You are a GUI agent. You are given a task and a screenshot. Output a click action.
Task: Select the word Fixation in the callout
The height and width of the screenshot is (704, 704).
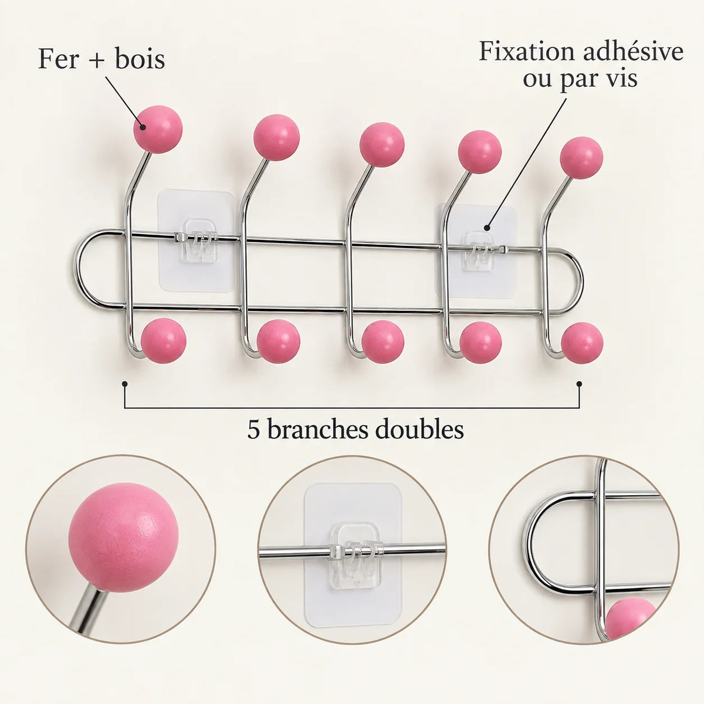(x=527, y=52)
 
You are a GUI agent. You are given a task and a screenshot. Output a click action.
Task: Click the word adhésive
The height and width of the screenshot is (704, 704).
(x=632, y=52)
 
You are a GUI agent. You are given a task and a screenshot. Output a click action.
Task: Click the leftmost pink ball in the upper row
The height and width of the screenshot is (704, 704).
(x=157, y=129)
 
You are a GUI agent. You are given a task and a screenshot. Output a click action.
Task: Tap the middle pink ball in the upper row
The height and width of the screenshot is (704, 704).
(x=382, y=145)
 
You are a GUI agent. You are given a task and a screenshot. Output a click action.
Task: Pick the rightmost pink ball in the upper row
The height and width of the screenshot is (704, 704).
(x=581, y=158)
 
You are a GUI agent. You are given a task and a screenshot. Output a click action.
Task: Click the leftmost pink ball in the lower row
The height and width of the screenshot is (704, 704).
(x=164, y=341)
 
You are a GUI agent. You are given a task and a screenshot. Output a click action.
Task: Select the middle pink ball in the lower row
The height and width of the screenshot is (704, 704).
(x=383, y=342)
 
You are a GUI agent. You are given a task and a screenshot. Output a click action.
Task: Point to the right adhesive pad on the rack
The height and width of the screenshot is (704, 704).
(x=476, y=251)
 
